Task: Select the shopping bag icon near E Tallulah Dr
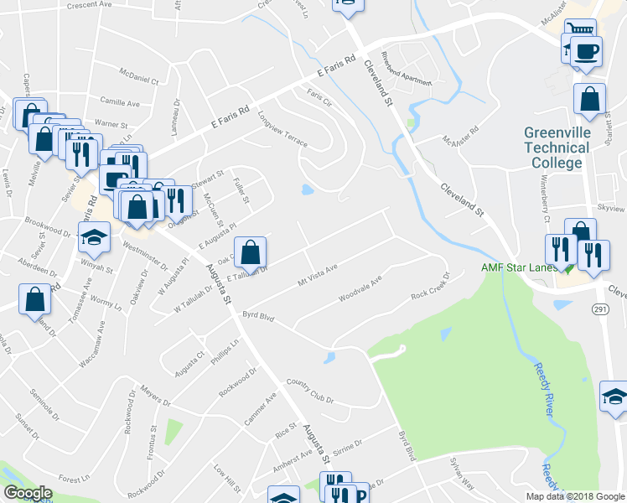tap(250, 251)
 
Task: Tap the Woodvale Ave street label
tap(360, 288)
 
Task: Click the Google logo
tap(28, 494)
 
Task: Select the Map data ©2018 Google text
tap(575, 496)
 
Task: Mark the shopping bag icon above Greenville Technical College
tap(589, 98)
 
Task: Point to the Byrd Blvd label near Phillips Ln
tap(259, 316)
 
